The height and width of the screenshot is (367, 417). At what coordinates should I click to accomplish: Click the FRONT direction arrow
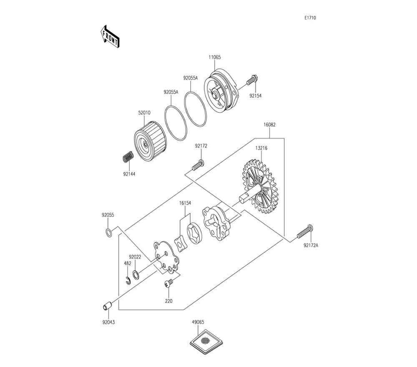point(110,36)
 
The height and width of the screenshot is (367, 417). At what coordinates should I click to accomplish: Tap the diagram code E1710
point(310,18)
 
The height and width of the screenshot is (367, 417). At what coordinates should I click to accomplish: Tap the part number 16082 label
point(269,124)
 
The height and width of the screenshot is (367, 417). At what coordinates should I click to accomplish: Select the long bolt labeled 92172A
point(305,232)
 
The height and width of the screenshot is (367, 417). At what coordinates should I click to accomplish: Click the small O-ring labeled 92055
point(108,232)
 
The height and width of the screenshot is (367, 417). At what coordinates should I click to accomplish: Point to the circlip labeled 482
point(128,281)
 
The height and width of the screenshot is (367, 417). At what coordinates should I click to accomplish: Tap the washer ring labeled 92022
point(136,274)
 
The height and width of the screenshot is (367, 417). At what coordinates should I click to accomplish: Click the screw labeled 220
point(169,284)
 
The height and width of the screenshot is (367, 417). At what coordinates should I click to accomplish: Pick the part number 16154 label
point(185,203)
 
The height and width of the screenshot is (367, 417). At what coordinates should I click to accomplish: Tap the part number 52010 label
point(144,113)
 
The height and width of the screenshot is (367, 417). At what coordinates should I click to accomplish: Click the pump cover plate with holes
point(166,257)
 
